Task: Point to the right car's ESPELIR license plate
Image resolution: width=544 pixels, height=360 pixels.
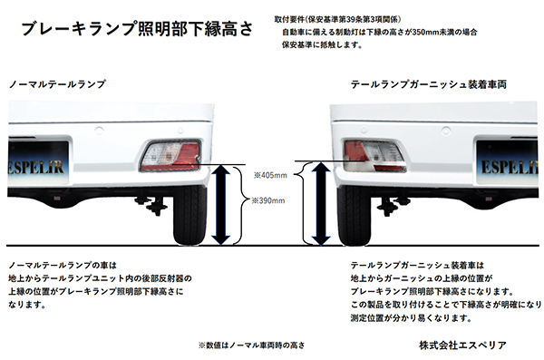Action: click(503, 168)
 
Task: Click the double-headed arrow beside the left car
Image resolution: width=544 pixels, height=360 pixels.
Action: click(221, 205)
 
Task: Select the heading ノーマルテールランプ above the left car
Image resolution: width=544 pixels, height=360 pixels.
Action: click(57, 83)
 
